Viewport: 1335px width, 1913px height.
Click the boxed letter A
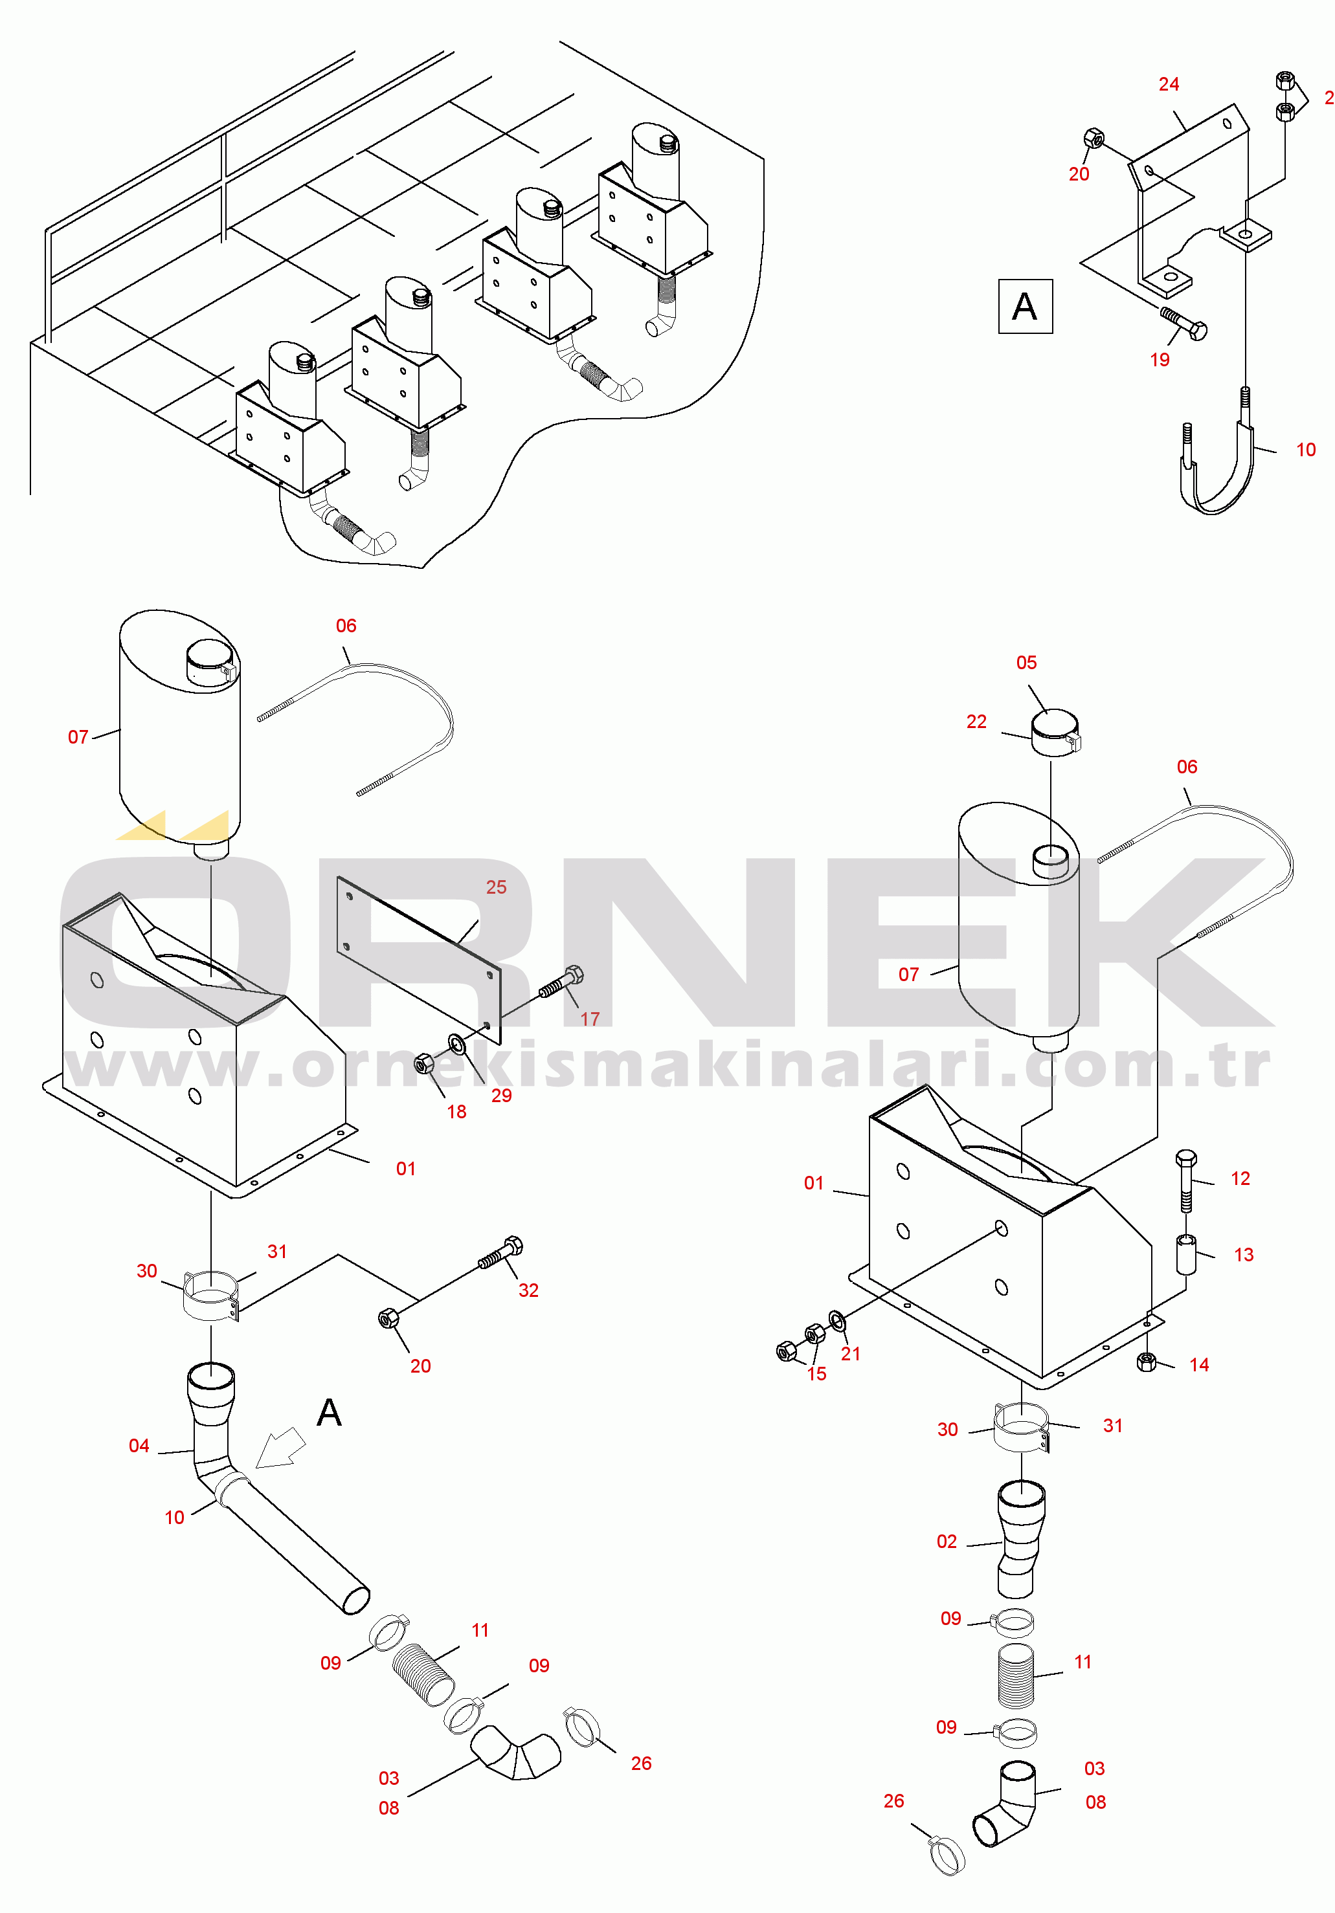(1025, 307)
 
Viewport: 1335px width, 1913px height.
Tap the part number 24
(1169, 84)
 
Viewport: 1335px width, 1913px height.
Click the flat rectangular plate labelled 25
(419, 958)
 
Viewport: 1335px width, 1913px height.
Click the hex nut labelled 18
(424, 1063)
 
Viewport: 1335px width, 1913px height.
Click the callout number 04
(139, 1446)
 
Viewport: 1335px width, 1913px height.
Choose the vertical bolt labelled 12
(1186, 1180)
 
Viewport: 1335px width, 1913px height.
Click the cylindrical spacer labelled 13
(1186, 1255)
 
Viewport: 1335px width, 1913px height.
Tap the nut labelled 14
(1147, 1362)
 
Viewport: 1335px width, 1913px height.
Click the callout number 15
(816, 1374)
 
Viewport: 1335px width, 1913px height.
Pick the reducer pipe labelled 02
(1020, 1538)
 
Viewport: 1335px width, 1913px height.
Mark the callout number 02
(947, 1542)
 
